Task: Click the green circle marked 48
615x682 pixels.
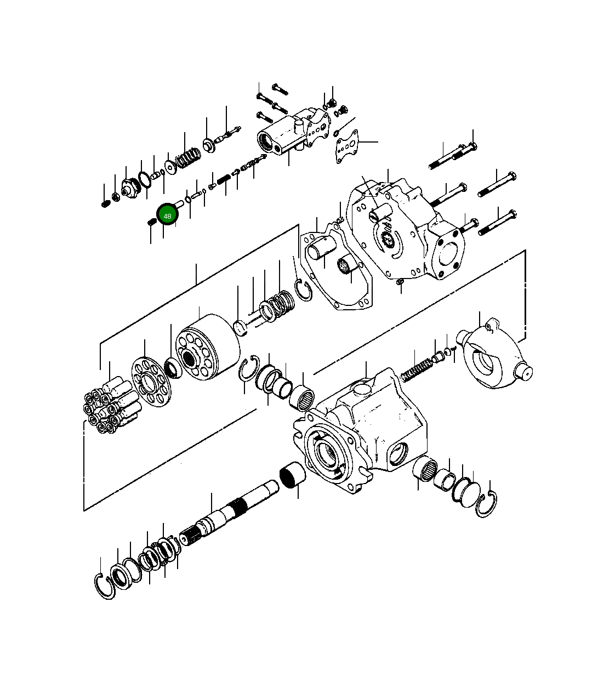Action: (167, 215)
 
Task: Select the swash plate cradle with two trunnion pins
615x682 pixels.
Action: (491, 357)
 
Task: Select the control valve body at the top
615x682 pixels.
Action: (285, 132)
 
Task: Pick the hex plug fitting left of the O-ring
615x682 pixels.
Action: (129, 189)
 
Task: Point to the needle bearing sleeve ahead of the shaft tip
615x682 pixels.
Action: (292, 474)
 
